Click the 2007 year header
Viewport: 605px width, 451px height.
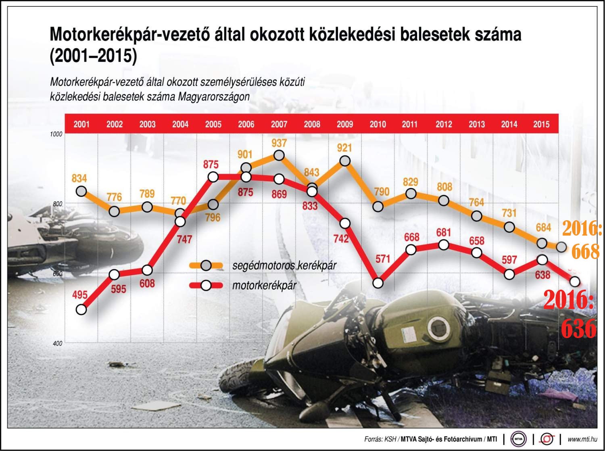(279, 124)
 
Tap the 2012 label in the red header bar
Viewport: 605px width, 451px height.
(444, 124)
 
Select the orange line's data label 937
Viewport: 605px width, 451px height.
(279, 143)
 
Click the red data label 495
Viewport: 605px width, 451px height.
(80, 295)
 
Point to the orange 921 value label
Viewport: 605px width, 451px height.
(344, 148)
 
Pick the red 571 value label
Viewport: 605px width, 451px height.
(378, 259)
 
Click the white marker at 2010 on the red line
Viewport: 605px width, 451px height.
(378, 283)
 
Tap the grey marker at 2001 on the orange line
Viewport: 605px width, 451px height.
(81, 191)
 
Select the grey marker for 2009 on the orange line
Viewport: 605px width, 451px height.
(345, 161)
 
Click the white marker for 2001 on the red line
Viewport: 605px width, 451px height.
(81, 309)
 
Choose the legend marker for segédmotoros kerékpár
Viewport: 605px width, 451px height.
(206, 265)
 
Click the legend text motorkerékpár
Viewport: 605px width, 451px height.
(264, 286)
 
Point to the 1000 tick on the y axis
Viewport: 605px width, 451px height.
(56, 134)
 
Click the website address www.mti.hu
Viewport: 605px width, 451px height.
(582, 439)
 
